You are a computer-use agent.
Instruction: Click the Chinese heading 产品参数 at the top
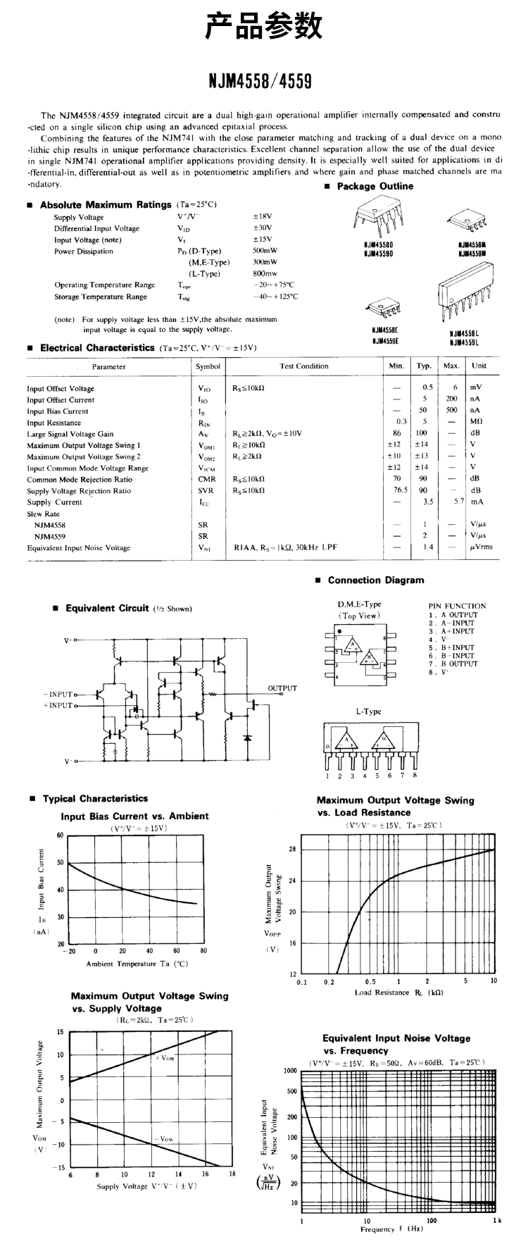coord(264,27)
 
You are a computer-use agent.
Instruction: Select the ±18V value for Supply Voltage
coord(263,217)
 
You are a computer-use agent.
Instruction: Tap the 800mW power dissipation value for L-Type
coord(265,274)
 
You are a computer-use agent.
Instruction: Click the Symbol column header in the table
coord(208,366)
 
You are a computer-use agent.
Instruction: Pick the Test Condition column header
coord(304,366)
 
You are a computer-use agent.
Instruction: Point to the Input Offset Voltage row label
coord(61,389)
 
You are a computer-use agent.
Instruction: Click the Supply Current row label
coord(54,502)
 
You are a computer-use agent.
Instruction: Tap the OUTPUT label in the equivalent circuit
coord(282,688)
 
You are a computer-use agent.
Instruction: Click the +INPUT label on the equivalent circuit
coord(58,705)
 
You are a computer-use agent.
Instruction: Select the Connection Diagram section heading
coord(376,580)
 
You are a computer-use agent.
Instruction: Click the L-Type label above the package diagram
coord(367,711)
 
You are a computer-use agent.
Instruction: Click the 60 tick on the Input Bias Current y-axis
coord(60,835)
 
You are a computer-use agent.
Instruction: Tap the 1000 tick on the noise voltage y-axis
coord(290,1071)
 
